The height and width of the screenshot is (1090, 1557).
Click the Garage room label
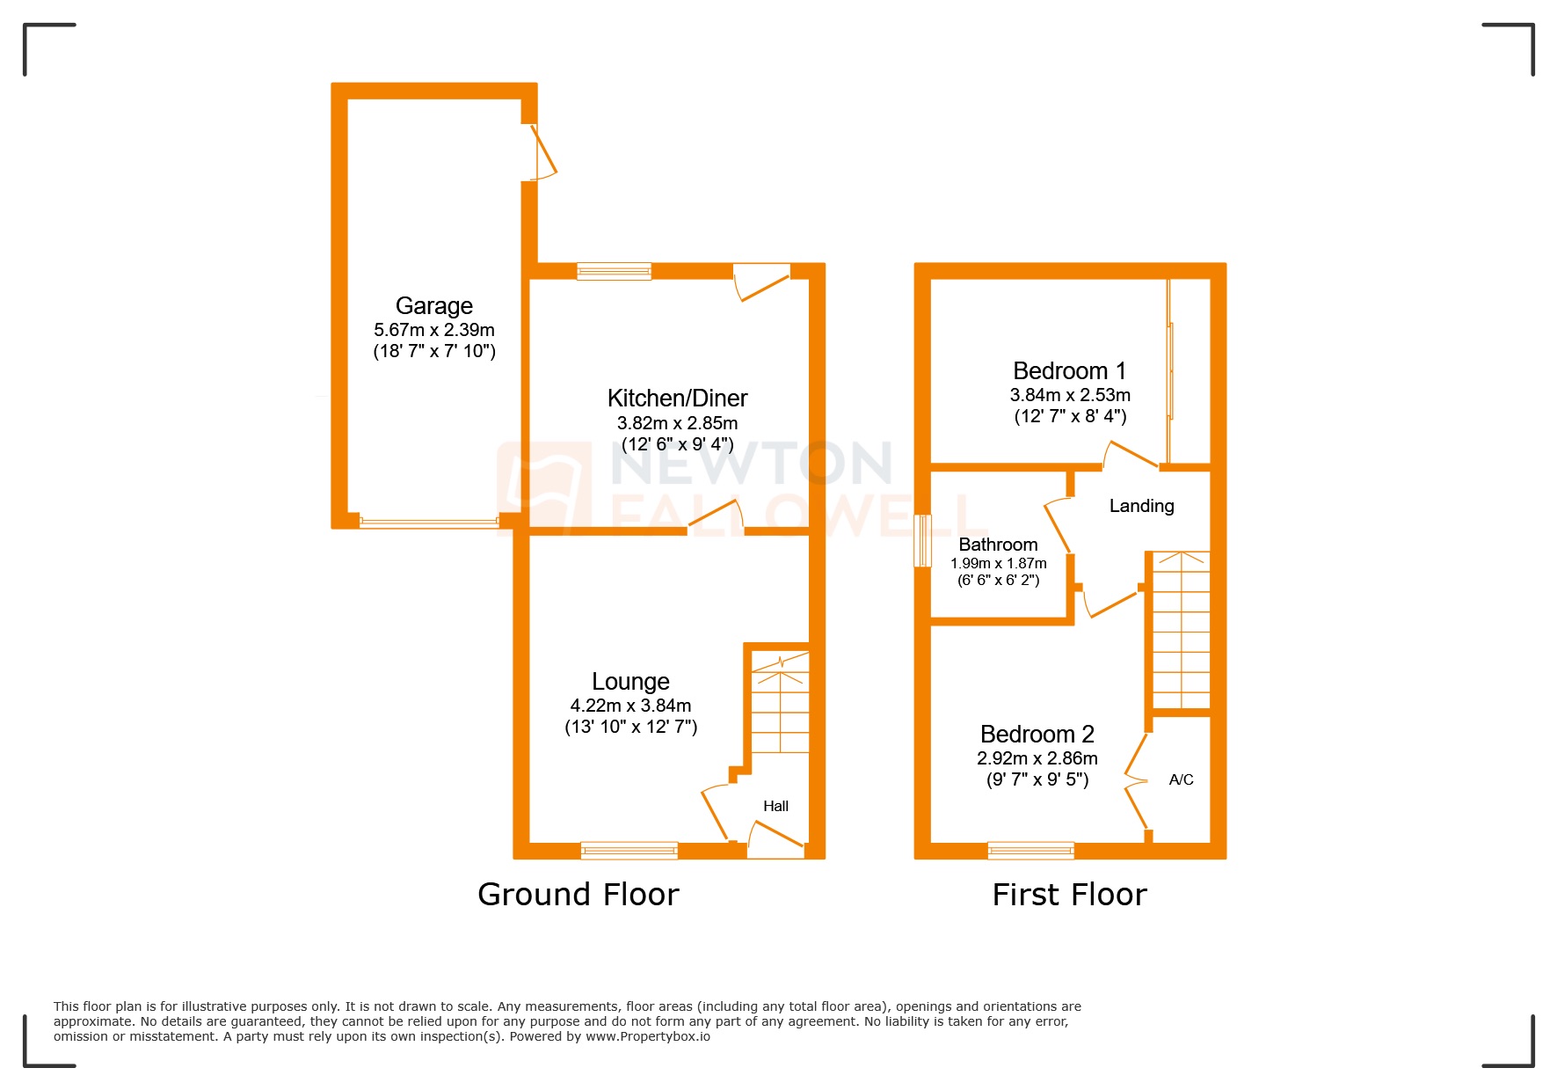click(434, 305)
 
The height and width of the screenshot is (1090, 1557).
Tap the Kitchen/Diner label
click(677, 398)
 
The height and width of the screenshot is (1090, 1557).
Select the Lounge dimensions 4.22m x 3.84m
click(630, 706)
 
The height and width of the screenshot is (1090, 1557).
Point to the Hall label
click(775, 806)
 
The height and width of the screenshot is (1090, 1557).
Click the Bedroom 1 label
click(1069, 370)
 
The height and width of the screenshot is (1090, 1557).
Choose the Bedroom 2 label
click(1037, 734)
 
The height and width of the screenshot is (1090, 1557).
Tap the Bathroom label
click(998, 545)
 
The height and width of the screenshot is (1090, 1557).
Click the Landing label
click(1141, 506)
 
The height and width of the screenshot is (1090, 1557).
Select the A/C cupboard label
click(1181, 779)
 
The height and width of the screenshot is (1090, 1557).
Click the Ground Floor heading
click(578, 895)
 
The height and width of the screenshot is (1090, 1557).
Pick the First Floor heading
click(1069, 895)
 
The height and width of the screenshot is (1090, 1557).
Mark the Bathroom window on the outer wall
click(922, 541)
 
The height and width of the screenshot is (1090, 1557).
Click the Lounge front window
click(629, 850)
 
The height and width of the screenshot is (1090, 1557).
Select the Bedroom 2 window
click(1030, 850)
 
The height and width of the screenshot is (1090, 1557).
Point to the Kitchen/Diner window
click(614, 271)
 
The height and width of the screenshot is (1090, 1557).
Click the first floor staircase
click(1181, 629)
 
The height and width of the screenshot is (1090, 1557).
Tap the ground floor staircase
click(780, 704)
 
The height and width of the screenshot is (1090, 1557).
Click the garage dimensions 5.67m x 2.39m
click(434, 330)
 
